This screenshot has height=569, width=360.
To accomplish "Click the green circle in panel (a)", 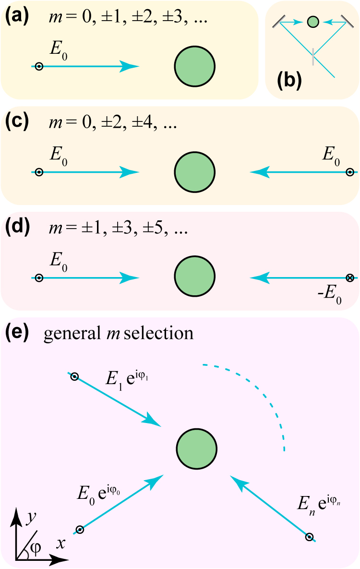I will tap(194, 66).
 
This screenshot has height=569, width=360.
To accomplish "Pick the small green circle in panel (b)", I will tap(312, 22).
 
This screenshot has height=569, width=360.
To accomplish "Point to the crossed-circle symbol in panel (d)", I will tap(350, 278).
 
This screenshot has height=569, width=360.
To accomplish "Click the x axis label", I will tap(60, 543).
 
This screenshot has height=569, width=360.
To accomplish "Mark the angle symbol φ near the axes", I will tap(36, 548).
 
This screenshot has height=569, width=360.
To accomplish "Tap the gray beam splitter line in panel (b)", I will tap(312, 56).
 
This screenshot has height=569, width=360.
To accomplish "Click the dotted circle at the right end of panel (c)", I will tap(350, 172).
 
